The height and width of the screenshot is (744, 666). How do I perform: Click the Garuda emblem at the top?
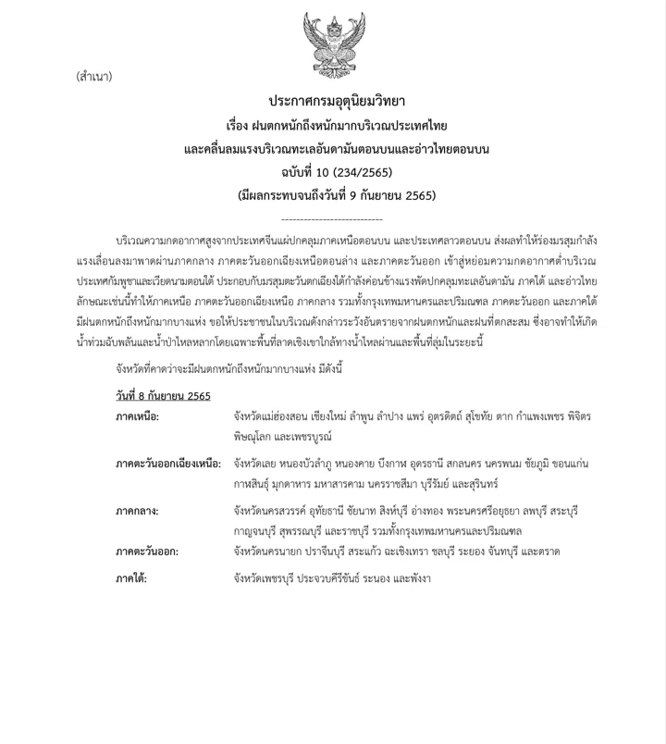335,42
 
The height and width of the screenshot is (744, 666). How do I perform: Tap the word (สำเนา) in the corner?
94,77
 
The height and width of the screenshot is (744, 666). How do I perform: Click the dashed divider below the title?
331,219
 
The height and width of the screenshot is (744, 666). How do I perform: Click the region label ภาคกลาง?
137,511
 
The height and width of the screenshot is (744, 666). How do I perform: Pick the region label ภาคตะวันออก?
147,552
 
